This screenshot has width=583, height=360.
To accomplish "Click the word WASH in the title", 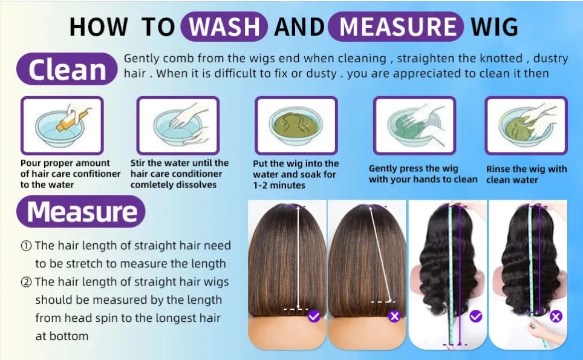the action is click(x=224, y=27).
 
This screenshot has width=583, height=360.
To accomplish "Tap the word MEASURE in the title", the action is click(x=397, y=27).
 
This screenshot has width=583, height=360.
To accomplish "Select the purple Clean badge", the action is click(x=67, y=69).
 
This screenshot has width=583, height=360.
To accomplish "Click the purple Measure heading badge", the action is click(x=80, y=212).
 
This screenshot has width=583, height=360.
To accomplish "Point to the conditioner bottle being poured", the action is click(x=73, y=117).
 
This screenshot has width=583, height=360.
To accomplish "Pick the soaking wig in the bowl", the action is click(x=296, y=123).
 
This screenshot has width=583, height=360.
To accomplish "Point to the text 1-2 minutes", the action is click(x=279, y=185).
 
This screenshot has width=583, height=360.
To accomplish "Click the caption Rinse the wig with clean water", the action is click(x=527, y=174).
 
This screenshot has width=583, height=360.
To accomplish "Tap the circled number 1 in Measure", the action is click(x=26, y=246).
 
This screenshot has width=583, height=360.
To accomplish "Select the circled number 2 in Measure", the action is click(x=26, y=283).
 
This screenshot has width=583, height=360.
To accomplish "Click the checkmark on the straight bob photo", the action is click(x=314, y=316).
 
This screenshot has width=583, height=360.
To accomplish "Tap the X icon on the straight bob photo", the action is click(x=394, y=316).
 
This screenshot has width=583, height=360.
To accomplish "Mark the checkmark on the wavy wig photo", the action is click(x=476, y=316).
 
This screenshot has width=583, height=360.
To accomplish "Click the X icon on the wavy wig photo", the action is click(x=556, y=316).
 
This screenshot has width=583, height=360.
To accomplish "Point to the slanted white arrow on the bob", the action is click(x=380, y=254).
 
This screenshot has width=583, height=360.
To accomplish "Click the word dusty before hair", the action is click(x=551, y=59).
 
